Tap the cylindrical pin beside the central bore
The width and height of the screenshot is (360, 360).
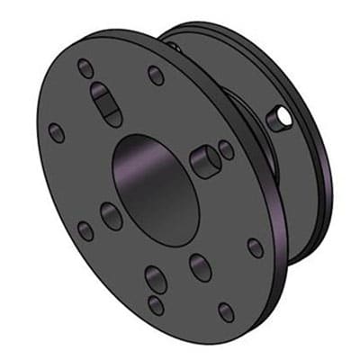point(205,160)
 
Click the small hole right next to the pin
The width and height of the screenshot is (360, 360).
point(227,149)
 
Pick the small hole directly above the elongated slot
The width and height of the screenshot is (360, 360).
point(85,67)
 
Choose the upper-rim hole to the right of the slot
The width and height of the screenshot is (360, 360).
point(156,75)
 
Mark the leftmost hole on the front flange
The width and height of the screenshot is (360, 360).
point(57,132)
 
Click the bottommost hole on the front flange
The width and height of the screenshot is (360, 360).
point(226,311)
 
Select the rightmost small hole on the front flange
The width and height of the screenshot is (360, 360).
point(256,247)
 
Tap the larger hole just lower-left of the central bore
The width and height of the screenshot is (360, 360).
point(112,216)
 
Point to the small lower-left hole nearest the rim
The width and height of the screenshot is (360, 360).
point(85,230)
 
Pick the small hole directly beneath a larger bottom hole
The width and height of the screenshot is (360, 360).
point(157,304)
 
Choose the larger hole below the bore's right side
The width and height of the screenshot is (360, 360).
point(199,265)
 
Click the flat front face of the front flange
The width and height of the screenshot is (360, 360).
point(72,180)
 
